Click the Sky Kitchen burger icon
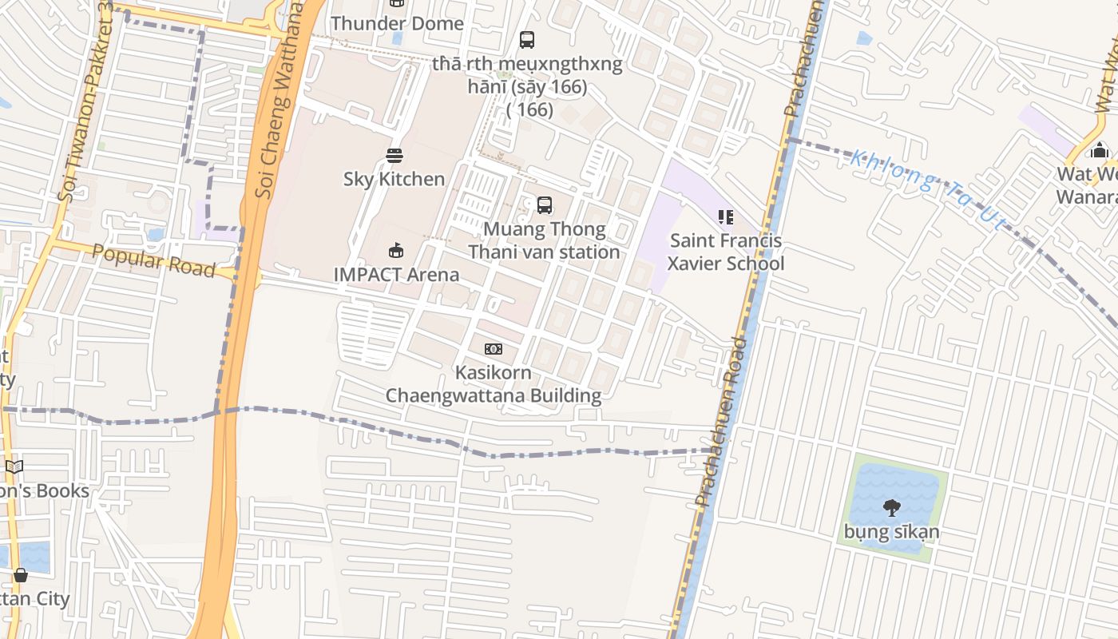point(394,155)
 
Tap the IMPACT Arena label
point(396,275)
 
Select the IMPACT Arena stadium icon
point(395,251)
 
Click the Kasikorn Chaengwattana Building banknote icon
point(494,349)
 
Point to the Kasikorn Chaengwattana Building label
point(494,384)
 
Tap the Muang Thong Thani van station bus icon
point(545,205)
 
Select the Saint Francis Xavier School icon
point(725,217)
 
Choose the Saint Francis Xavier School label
point(726,252)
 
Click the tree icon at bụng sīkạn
point(891,507)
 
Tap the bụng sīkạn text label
point(891,532)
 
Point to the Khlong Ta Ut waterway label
point(926,189)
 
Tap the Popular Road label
point(153,261)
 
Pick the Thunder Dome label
point(397,24)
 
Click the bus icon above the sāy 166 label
point(526,39)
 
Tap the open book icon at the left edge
point(14,467)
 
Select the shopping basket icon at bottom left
point(21,575)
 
